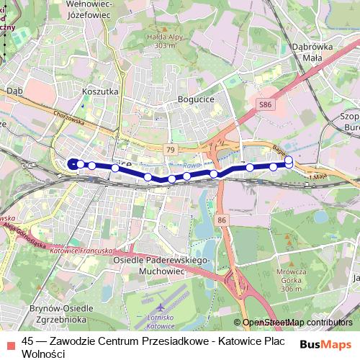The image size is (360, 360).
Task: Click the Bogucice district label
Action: (195, 99)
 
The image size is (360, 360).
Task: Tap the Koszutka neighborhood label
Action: (100, 92)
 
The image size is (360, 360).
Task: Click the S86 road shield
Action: (266, 104)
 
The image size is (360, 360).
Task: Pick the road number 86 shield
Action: (222, 219)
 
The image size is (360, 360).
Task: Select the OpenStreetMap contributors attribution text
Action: (297, 323)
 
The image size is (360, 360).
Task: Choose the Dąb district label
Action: (14, 91)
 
